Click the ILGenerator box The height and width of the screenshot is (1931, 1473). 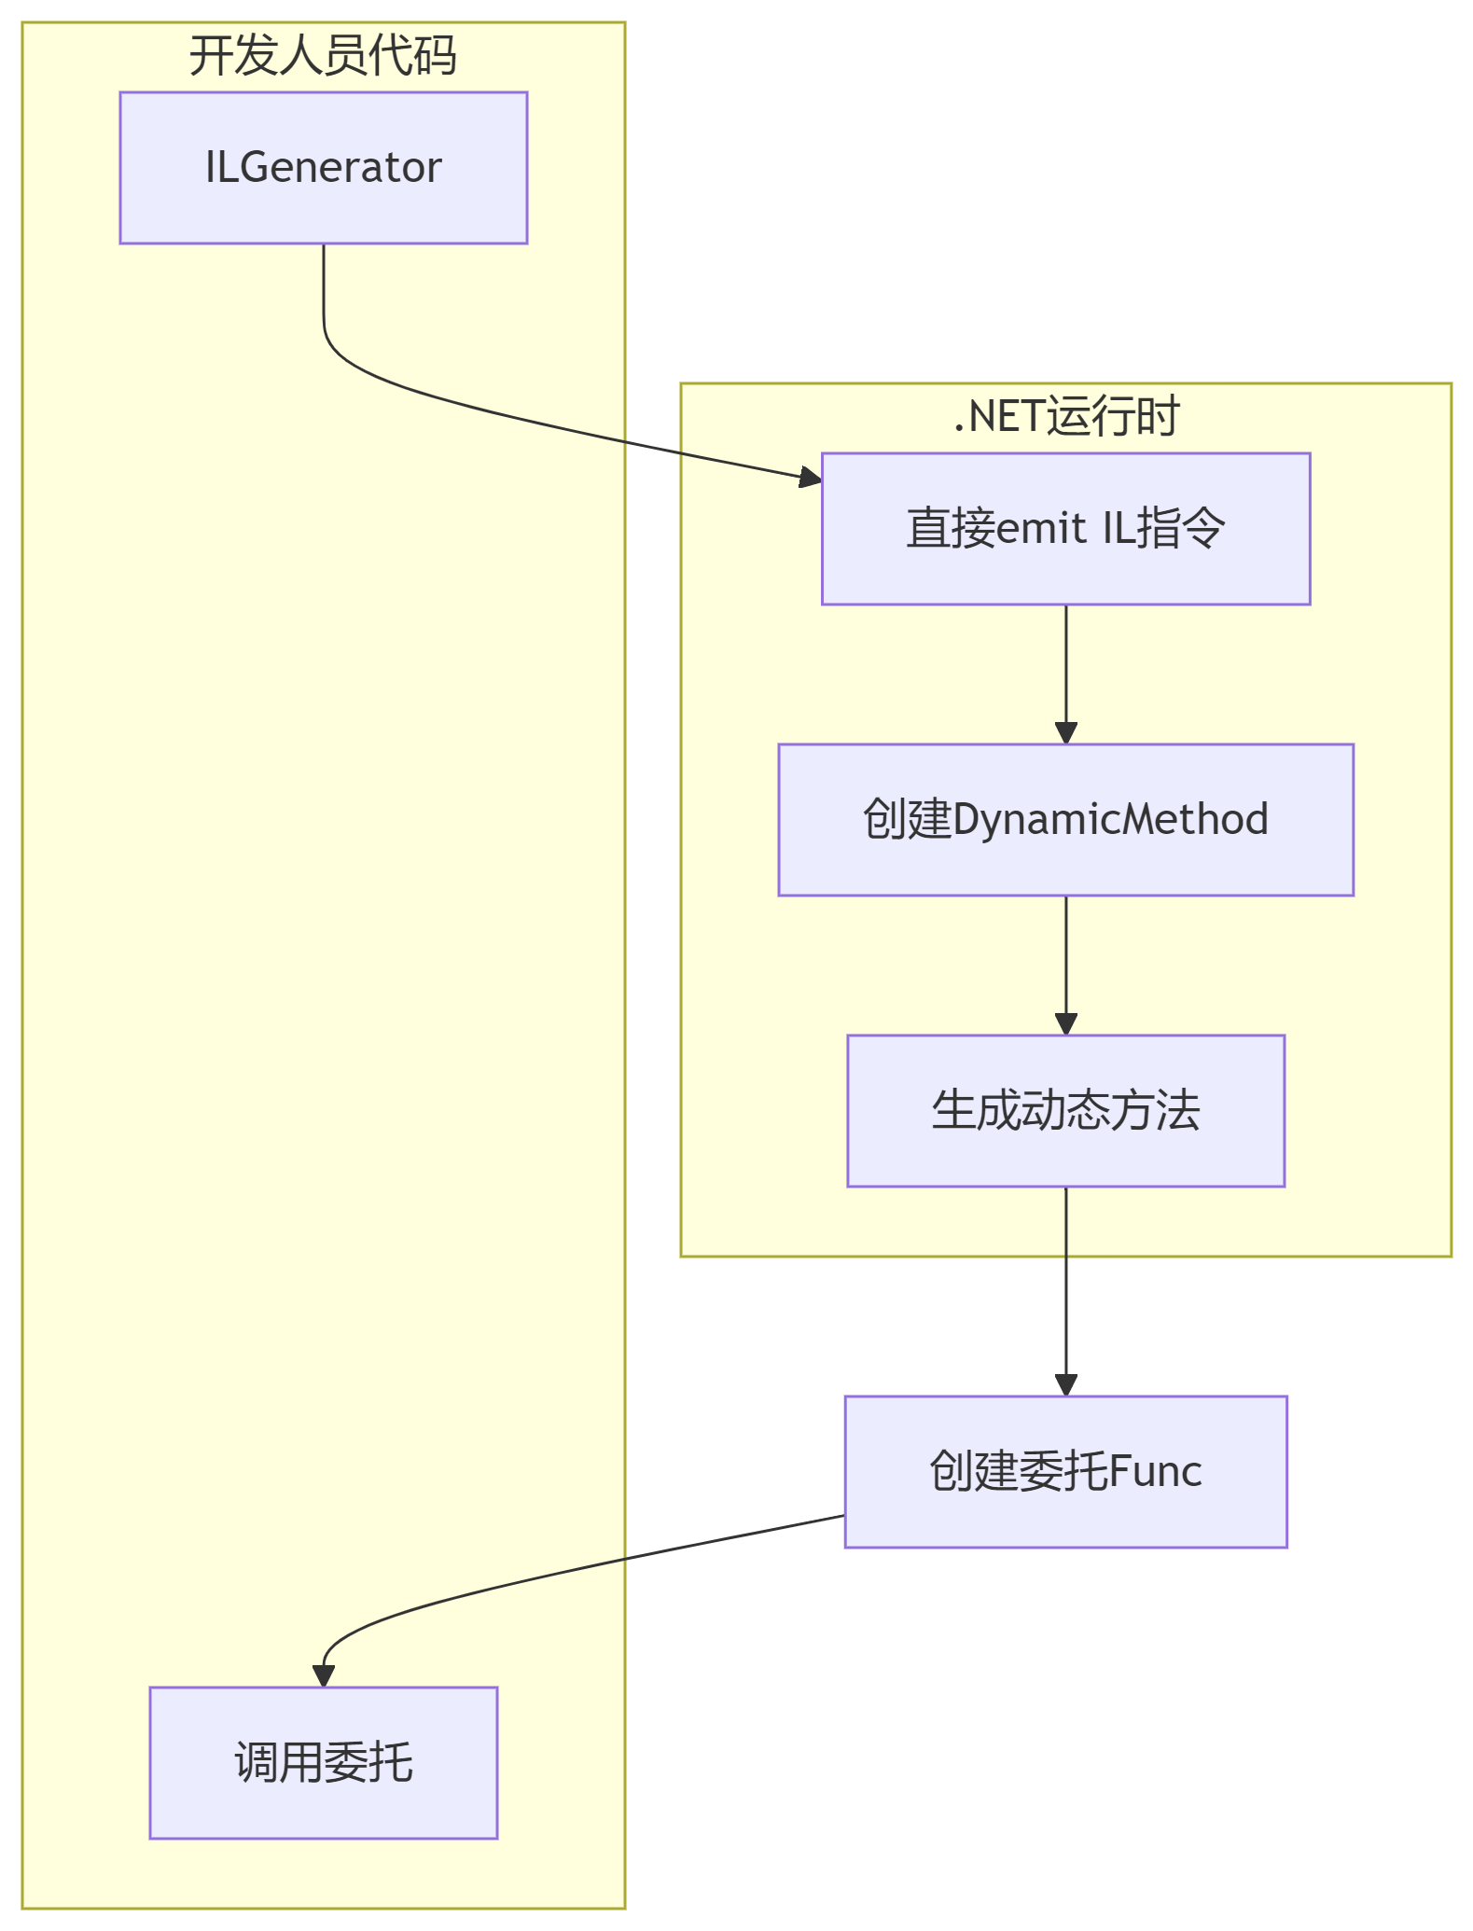(323, 168)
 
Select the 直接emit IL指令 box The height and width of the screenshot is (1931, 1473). (1065, 529)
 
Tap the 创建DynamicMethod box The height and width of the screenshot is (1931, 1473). (1065, 820)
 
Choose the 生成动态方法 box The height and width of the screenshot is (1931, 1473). (1065, 1110)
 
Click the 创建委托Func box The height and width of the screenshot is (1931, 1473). (1065, 1471)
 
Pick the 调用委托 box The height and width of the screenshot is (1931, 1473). (323, 1762)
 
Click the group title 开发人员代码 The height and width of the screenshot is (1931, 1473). (323, 55)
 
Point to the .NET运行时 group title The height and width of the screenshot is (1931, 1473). (1065, 416)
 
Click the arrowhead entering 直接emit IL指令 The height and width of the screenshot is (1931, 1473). (810, 479)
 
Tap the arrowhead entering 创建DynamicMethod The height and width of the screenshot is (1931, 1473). (1065, 732)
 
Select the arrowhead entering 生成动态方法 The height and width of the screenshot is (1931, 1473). (1065, 1023)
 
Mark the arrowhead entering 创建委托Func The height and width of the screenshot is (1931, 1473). (1065, 1384)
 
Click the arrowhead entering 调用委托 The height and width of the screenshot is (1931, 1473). (323, 1675)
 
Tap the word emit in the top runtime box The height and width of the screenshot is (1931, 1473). (1041, 529)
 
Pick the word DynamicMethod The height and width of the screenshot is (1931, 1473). (1110, 820)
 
